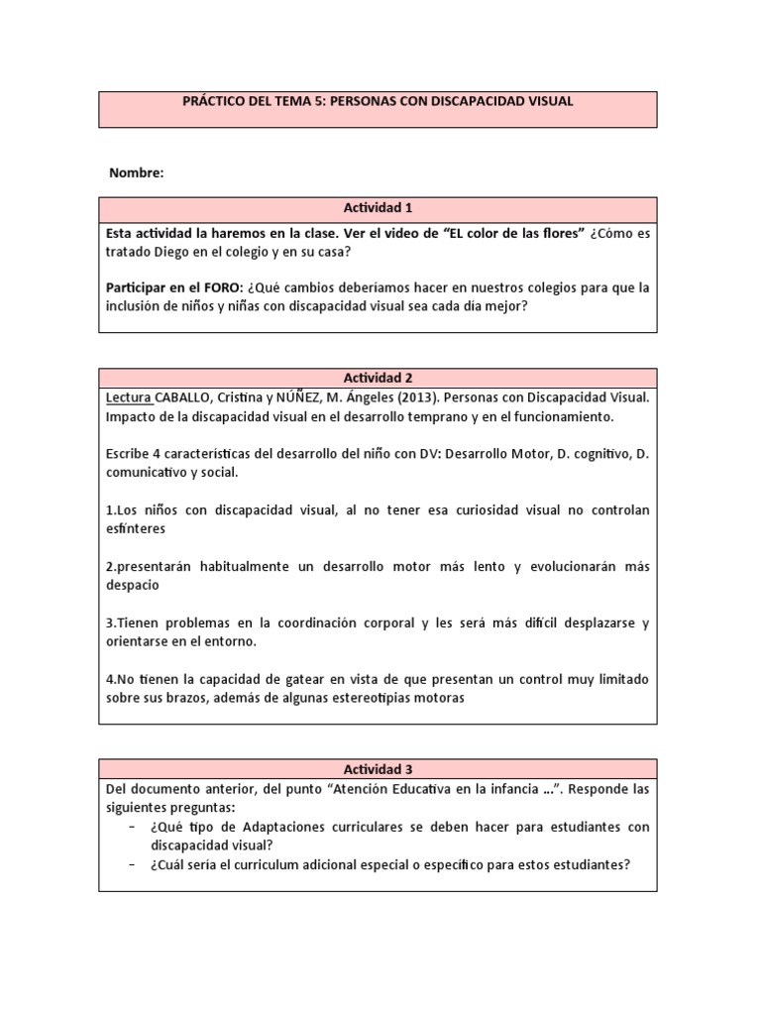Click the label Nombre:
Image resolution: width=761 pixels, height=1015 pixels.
coord(136,172)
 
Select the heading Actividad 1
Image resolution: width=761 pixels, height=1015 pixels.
coord(377,208)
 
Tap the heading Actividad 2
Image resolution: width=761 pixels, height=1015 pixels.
coord(377,378)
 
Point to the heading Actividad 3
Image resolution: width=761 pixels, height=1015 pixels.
coord(377,769)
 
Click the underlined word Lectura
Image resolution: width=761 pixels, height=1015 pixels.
coord(129,396)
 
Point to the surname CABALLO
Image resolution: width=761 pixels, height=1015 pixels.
coord(186,396)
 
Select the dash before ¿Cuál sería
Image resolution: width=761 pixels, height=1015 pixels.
coord(132,864)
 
